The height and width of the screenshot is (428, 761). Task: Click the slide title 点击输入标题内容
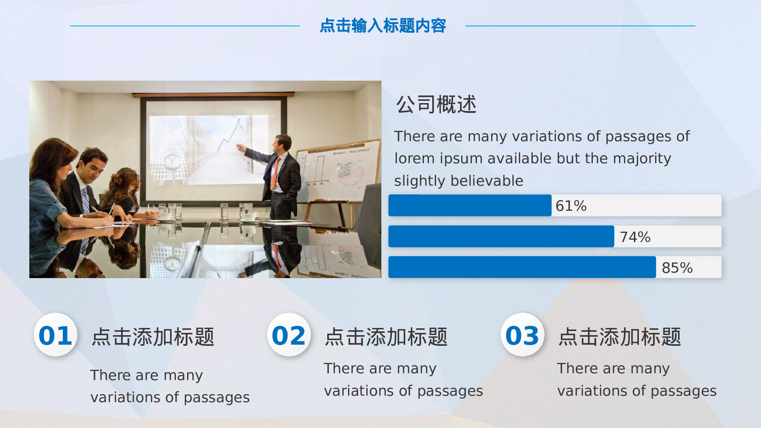[x=382, y=26]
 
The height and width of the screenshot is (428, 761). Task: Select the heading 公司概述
[x=436, y=105]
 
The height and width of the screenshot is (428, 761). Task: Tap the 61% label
[x=571, y=206]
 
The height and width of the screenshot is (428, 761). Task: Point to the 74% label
[x=635, y=237]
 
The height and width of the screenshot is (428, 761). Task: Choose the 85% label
[x=677, y=268]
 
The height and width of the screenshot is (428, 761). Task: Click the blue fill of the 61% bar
[x=470, y=205]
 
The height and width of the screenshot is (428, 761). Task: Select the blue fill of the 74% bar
[x=501, y=236]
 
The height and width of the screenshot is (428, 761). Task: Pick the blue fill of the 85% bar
[x=522, y=267]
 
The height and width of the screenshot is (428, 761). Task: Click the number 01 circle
[x=56, y=335]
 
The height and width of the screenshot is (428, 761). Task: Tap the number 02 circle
[x=289, y=335]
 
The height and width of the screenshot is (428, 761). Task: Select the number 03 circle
[x=522, y=335]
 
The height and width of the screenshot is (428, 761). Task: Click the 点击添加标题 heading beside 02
[x=386, y=337]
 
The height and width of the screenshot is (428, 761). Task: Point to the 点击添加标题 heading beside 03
[x=619, y=337]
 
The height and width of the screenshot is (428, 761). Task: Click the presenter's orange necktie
[x=275, y=173]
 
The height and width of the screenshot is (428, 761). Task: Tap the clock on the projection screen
[x=172, y=161]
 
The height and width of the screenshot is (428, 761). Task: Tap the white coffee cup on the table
[x=249, y=217]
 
